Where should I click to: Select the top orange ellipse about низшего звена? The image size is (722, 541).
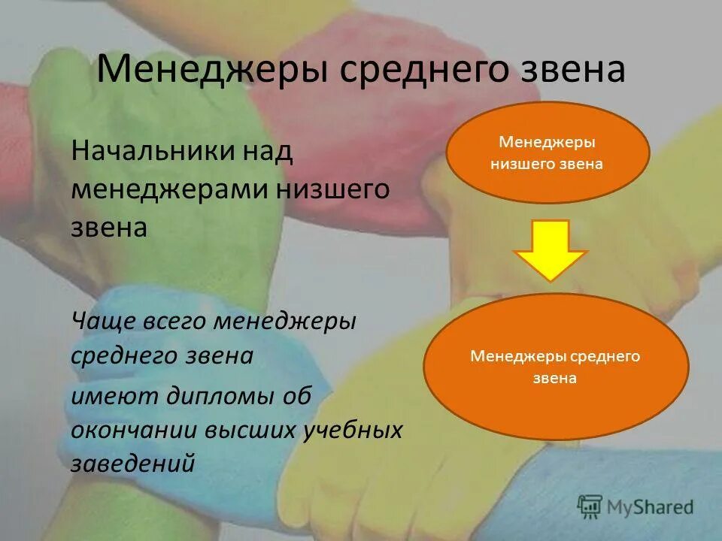[x=547, y=153]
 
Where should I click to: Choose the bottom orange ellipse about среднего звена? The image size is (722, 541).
[x=556, y=367]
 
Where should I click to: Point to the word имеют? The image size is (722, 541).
[x=106, y=396]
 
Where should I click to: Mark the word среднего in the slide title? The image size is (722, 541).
[x=414, y=71]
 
